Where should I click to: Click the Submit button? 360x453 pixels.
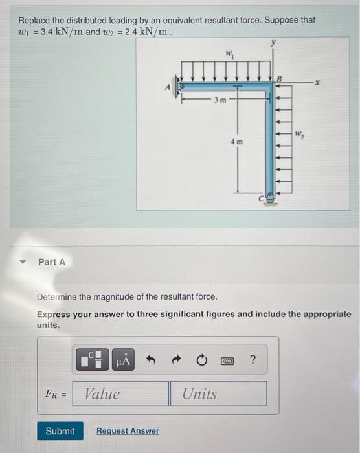[60, 431]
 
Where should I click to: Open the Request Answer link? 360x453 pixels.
[128, 431]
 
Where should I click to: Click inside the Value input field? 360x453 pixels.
[120, 393]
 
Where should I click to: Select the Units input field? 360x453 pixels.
[218, 393]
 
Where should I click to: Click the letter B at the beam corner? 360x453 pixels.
[280, 78]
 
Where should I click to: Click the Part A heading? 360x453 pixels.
[52, 262]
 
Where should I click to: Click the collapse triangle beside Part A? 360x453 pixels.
[23, 262]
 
